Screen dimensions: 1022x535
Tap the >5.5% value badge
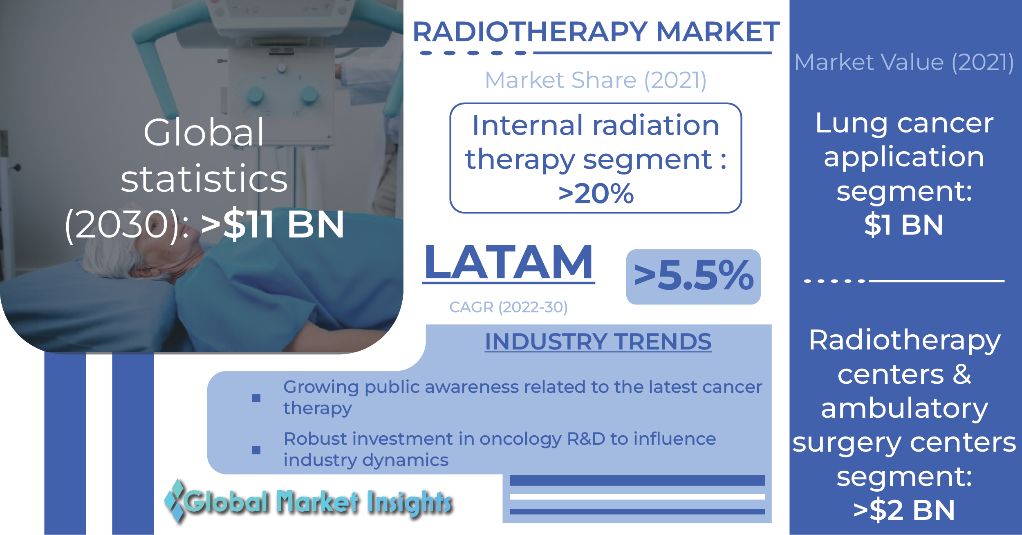(x=693, y=277)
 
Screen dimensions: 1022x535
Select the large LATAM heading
(x=509, y=262)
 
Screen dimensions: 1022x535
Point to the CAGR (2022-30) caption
(x=509, y=307)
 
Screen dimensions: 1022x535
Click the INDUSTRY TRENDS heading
(x=598, y=342)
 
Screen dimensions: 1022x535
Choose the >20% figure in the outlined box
(x=596, y=193)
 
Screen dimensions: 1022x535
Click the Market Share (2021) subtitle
(x=596, y=80)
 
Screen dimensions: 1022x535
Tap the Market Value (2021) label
(x=904, y=63)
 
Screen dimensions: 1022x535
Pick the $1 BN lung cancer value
(x=904, y=225)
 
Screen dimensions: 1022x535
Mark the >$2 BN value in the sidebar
(x=904, y=510)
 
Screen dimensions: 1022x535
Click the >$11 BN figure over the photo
(x=273, y=224)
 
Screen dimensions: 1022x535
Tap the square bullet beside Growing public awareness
(x=256, y=398)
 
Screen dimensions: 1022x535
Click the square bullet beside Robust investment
(x=256, y=450)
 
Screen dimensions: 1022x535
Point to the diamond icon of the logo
(x=175, y=501)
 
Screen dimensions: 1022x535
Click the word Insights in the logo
(x=409, y=502)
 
